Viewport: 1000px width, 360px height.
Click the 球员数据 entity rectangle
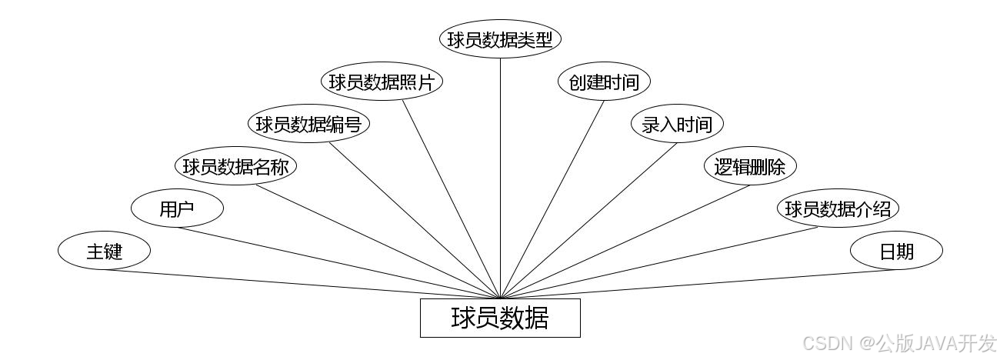point(500,318)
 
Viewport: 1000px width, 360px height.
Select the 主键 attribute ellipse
point(104,251)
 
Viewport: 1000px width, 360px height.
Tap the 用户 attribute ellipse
point(177,208)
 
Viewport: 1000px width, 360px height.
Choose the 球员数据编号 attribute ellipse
point(308,124)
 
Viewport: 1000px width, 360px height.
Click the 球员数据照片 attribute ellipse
point(382,82)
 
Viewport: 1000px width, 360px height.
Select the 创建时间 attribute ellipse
point(604,82)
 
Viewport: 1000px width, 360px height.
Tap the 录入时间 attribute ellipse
point(677,124)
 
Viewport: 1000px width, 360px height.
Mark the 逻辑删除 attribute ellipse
point(750,166)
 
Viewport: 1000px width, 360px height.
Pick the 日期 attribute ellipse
point(896,251)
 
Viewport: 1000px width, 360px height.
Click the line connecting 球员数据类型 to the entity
point(500,177)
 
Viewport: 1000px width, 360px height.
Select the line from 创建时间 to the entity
point(552,198)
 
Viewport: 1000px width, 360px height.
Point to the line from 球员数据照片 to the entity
point(452,199)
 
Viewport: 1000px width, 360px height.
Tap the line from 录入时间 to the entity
point(588,220)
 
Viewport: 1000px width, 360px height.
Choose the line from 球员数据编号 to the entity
point(415,220)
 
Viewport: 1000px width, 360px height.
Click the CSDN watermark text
point(899,342)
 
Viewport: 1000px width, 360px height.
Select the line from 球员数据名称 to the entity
point(379,241)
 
